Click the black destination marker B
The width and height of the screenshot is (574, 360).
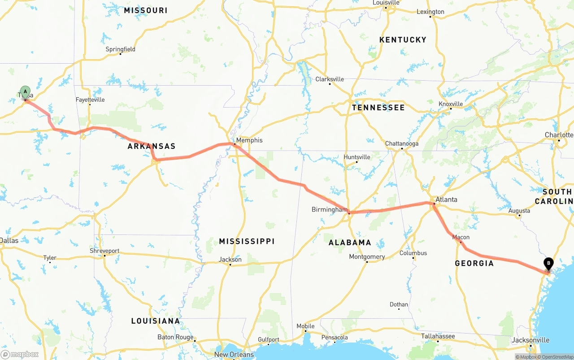(548, 264)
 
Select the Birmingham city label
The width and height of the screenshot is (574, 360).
(329, 209)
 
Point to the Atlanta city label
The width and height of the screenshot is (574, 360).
(446, 200)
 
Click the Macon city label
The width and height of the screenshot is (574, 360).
(461, 237)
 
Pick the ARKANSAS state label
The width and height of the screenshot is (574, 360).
(152, 146)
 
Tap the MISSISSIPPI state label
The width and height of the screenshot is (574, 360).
(247, 242)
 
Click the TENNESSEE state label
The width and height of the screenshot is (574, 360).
(378, 108)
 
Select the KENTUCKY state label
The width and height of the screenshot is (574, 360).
(403, 40)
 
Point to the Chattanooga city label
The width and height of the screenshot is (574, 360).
(402, 143)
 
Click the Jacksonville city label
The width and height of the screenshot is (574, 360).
(531, 340)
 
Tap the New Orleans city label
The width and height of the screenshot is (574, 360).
(234, 355)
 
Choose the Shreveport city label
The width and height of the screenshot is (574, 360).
(104, 251)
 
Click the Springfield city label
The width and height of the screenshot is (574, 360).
(120, 49)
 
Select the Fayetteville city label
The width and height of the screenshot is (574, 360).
(90, 100)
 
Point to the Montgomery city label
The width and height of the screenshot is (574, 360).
(367, 257)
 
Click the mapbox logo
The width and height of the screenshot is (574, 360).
(20, 355)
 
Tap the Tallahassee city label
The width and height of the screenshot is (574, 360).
(438, 336)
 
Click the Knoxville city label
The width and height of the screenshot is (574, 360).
(451, 104)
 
